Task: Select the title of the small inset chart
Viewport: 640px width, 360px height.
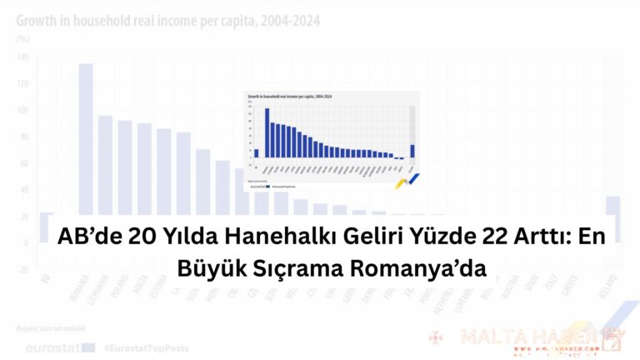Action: pos(285,97)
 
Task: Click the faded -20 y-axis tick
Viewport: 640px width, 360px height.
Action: pos(21,270)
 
